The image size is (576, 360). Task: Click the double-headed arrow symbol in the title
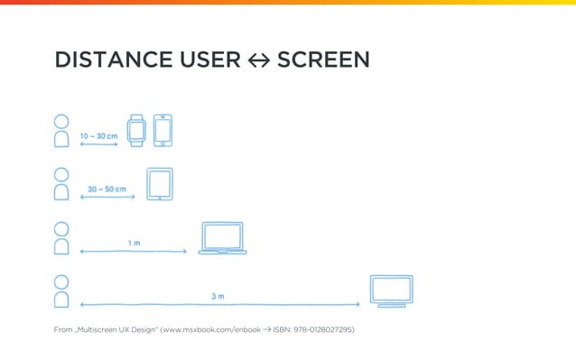258,61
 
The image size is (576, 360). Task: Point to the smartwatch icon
135,130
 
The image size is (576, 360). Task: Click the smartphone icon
163,130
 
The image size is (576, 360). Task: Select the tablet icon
159,184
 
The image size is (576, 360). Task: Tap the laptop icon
222,238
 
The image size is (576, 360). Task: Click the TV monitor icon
392,291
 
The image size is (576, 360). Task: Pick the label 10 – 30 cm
98,136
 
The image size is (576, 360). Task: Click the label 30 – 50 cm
107,189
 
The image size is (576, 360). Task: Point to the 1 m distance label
134,243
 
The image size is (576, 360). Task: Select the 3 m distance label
218,296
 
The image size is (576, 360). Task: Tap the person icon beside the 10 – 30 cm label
61,131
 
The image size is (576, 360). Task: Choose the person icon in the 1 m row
61,238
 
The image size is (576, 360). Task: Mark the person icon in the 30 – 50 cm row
61,184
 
